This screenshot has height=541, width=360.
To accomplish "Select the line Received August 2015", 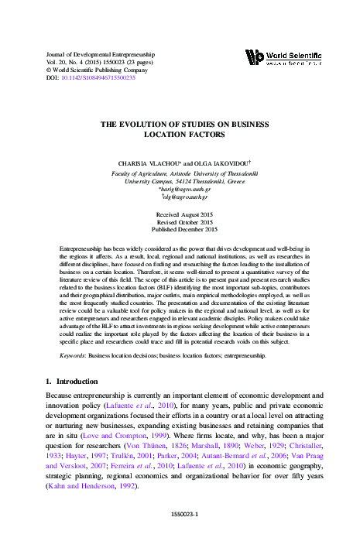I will click(x=180, y=213).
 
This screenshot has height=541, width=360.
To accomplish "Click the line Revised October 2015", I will click(x=180, y=221).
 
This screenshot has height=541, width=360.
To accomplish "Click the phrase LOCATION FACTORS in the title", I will click(x=180, y=134).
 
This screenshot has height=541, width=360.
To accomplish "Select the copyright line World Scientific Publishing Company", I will click(x=87, y=70).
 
